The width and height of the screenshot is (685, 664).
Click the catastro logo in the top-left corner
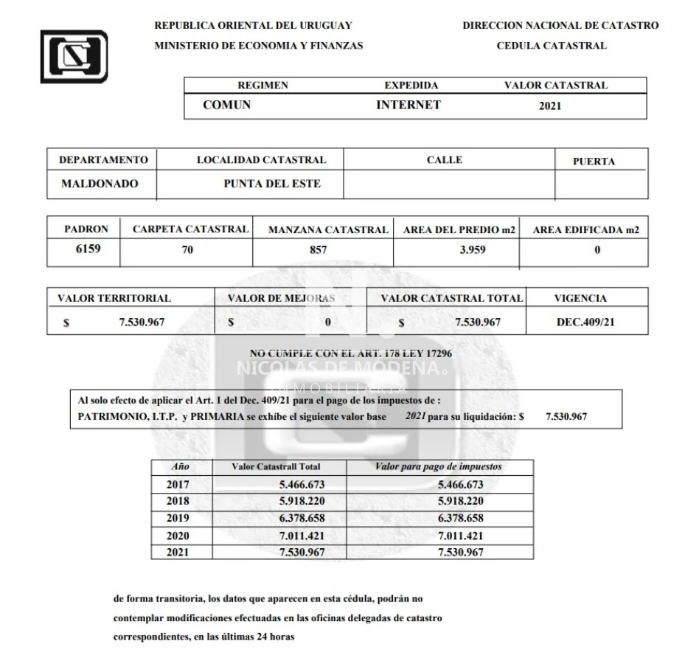(x=74, y=56)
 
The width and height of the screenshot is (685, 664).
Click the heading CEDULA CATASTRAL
(x=551, y=46)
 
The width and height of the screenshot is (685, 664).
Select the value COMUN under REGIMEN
(x=226, y=105)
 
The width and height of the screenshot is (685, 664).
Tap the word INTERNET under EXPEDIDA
(x=408, y=105)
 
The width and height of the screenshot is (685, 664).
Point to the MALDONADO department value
(x=99, y=184)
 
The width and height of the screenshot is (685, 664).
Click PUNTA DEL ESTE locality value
(x=272, y=184)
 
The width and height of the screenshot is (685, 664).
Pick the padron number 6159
(x=88, y=249)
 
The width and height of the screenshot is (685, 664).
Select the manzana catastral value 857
(x=319, y=249)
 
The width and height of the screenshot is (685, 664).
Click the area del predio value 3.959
(x=472, y=249)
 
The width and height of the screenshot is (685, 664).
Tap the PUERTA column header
(x=594, y=162)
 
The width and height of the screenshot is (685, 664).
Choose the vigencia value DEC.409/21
(x=587, y=322)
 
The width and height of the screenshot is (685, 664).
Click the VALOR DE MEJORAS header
(x=281, y=299)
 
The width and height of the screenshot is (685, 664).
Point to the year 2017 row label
(x=178, y=485)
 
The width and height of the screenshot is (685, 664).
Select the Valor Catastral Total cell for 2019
(x=302, y=518)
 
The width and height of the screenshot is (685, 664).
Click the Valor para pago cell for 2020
(x=460, y=536)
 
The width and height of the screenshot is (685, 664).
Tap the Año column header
(x=180, y=467)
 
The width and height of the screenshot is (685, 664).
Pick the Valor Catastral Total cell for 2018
(x=302, y=501)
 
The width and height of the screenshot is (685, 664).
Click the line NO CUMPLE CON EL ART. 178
(x=351, y=353)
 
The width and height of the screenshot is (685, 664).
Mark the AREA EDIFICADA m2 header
(x=585, y=229)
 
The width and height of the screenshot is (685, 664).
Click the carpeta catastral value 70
(x=187, y=249)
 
